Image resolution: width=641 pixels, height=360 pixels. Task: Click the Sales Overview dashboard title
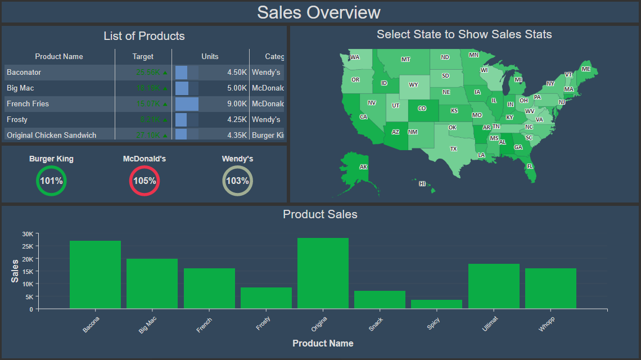(x=319, y=12)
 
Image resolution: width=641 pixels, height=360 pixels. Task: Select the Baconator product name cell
(x=24, y=73)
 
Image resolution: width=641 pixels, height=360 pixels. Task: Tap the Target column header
(x=143, y=57)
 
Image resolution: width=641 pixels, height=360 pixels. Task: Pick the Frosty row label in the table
(x=17, y=120)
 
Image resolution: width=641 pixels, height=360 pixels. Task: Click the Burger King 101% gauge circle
(x=51, y=181)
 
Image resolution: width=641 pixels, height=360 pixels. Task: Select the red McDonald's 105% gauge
(x=145, y=181)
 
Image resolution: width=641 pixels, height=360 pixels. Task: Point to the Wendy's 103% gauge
(x=237, y=181)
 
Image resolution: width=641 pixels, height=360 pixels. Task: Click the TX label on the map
(x=454, y=149)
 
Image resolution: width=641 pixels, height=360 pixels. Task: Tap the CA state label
(x=363, y=117)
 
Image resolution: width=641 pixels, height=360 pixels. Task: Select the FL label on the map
(x=530, y=166)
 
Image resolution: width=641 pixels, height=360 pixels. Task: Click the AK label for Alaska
(x=363, y=167)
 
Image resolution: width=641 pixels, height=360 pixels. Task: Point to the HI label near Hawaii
(x=422, y=183)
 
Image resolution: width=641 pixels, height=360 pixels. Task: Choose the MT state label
(x=405, y=59)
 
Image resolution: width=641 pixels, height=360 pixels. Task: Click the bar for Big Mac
(x=152, y=283)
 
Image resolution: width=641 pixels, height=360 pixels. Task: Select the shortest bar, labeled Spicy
(x=436, y=304)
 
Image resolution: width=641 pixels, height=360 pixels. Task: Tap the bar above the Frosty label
(x=266, y=298)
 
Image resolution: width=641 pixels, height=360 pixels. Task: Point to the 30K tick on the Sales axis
(x=28, y=234)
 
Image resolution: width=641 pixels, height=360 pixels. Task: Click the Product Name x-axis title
(x=323, y=344)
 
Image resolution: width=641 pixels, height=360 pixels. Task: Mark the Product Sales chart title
(x=320, y=214)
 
